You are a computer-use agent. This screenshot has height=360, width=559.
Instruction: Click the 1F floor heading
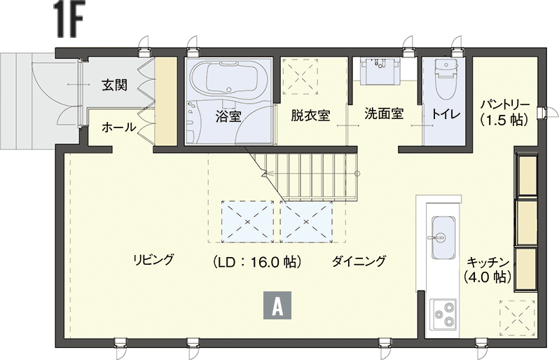click(x=68, y=19)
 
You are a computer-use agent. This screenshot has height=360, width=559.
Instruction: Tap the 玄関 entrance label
click(x=114, y=85)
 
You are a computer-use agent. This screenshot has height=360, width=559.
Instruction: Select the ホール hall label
click(x=118, y=127)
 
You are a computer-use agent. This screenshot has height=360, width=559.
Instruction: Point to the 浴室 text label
click(x=228, y=116)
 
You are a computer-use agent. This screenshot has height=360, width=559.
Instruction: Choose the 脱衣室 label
click(x=310, y=115)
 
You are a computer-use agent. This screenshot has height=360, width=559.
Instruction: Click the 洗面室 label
click(x=384, y=113)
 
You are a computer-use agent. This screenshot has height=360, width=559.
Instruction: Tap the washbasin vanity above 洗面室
click(x=380, y=70)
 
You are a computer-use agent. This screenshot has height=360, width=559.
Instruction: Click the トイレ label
click(x=446, y=114)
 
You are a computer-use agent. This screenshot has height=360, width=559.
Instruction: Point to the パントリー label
click(x=505, y=105)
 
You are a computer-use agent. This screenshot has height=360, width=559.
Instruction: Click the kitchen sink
click(x=444, y=237)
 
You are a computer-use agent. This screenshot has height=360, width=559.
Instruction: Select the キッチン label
click(x=488, y=263)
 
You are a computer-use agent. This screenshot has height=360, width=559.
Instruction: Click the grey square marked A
click(x=277, y=305)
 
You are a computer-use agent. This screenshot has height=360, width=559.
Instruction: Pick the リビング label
click(x=153, y=259)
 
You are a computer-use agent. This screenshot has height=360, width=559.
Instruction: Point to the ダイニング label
click(x=359, y=261)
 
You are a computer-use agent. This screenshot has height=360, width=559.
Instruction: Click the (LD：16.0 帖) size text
click(x=257, y=262)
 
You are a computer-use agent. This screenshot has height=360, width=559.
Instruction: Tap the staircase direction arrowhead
click(x=264, y=174)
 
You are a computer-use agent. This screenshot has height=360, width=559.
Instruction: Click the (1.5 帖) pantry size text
click(x=504, y=120)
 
